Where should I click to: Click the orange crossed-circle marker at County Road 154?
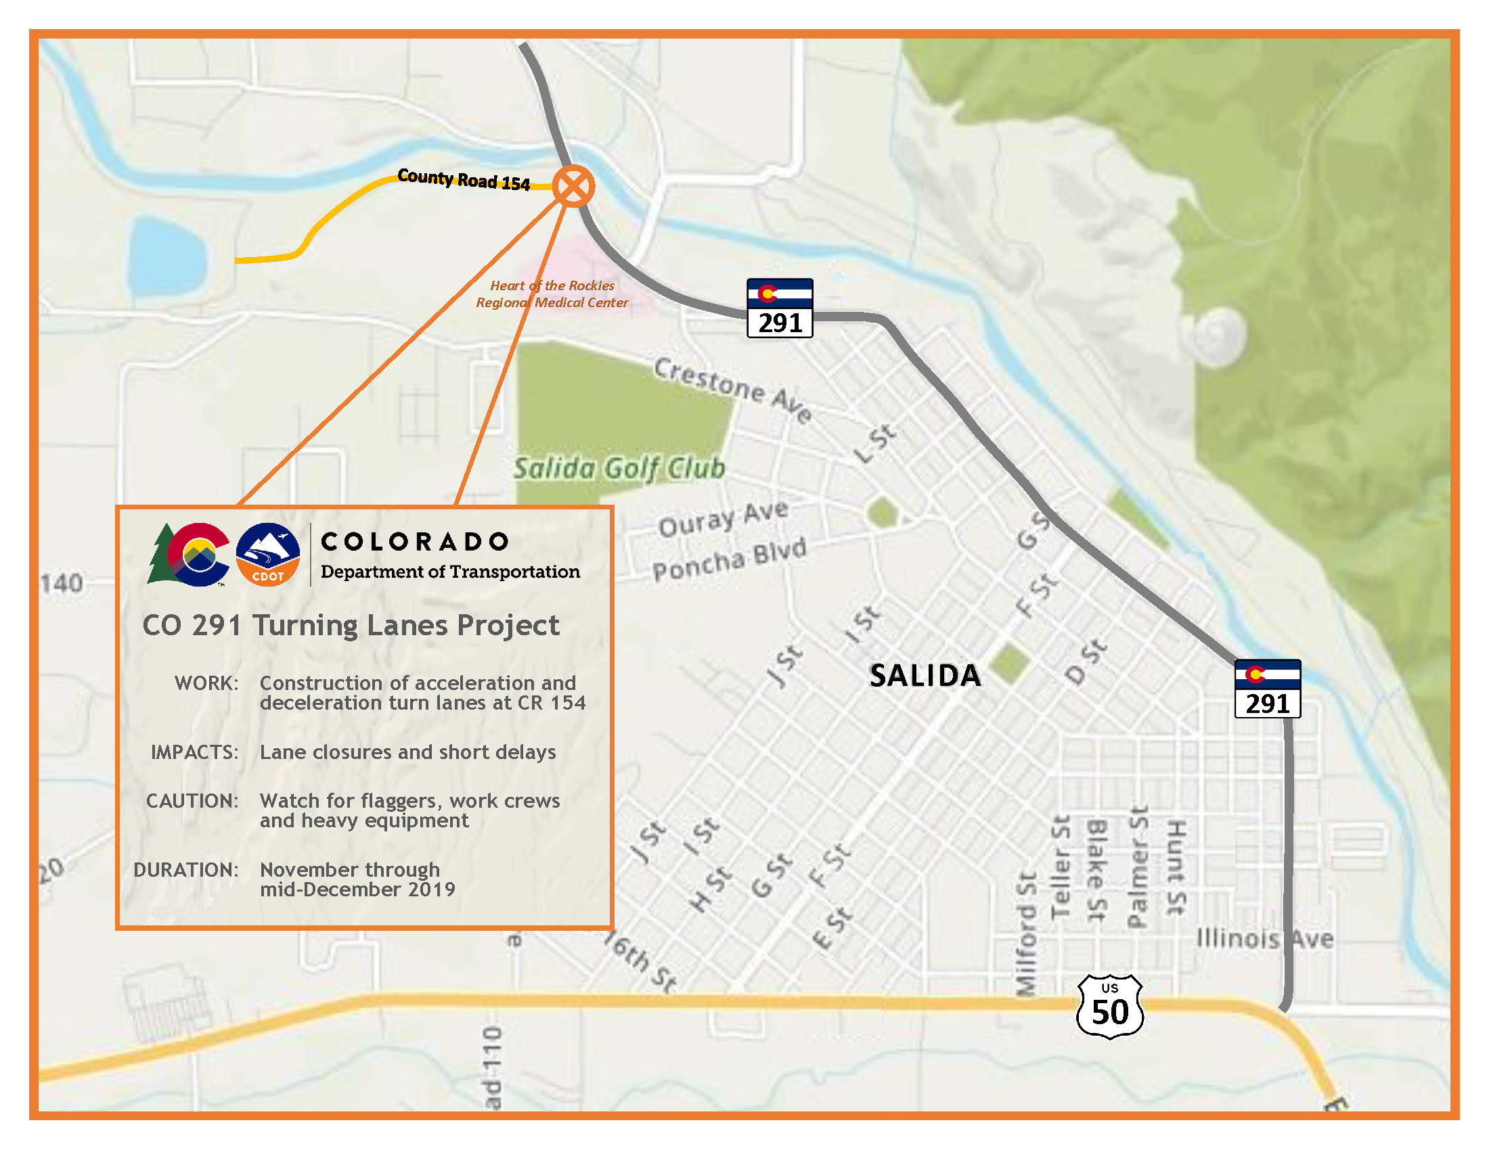(x=573, y=186)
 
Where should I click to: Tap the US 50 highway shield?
(x=1109, y=1007)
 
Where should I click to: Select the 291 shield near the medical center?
(x=779, y=308)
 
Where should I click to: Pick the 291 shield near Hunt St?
(x=1267, y=688)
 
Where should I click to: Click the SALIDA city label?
(x=925, y=675)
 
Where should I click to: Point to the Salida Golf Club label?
(x=619, y=469)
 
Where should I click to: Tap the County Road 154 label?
(x=464, y=180)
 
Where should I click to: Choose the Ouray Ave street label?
(x=724, y=519)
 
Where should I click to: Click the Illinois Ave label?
(x=1265, y=939)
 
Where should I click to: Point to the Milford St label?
(x=1026, y=934)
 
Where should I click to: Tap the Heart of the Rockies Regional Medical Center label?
(x=552, y=294)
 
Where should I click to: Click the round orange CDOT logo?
(x=267, y=555)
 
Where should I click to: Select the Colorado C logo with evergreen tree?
(x=189, y=555)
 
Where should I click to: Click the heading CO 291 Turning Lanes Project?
(x=351, y=626)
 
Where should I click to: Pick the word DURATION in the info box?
(x=186, y=870)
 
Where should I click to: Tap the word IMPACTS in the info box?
(x=195, y=752)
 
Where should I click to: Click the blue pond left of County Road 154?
(x=167, y=256)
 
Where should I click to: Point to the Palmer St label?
(x=1136, y=867)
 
